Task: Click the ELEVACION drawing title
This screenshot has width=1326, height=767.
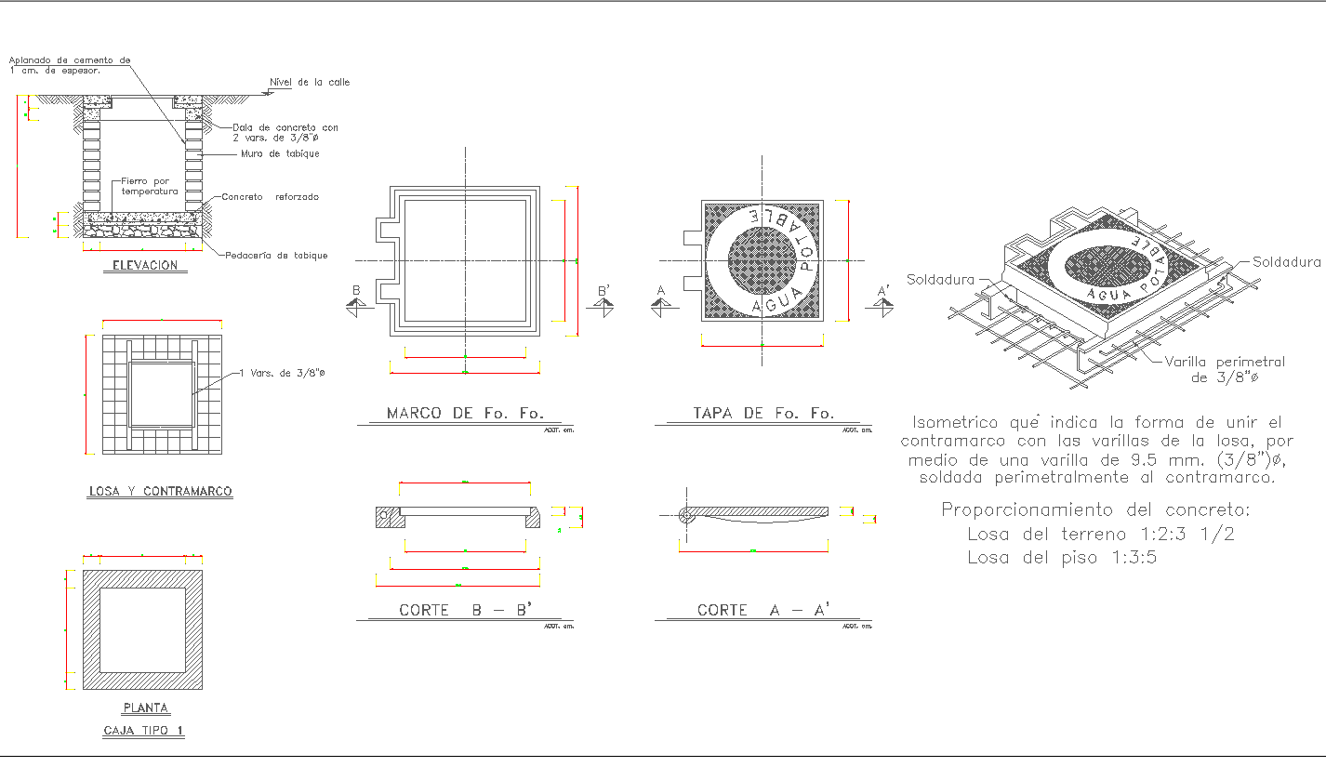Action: pyautogui.click(x=144, y=266)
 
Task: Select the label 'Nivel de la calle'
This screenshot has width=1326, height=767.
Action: pyautogui.click(x=309, y=83)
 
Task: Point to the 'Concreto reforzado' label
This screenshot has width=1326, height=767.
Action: pyautogui.click(x=270, y=197)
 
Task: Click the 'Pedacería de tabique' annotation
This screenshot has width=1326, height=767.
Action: pyautogui.click(x=276, y=256)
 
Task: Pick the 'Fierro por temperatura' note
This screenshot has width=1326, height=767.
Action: pyautogui.click(x=149, y=186)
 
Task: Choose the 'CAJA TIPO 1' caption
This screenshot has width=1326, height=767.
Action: pyautogui.click(x=143, y=731)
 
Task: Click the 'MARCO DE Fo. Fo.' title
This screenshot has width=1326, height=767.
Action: pyautogui.click(x=465, y=414)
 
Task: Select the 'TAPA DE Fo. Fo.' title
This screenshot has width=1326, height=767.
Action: pyautogui.click(x=763, y=414)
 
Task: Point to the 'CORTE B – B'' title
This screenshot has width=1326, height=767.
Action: pyautogui.click(x=465, y=610)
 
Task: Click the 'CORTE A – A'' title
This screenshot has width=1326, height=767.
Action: pyautogui.click(x=763, y=610)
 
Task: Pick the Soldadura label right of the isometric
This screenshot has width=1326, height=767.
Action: pyautogui.click(x=1287, y=262)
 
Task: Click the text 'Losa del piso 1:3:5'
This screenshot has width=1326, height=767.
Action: pyautogui.click(x=1062, y=558)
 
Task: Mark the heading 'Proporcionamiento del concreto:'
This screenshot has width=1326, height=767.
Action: pyautogui.click(x=1096, y=509)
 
